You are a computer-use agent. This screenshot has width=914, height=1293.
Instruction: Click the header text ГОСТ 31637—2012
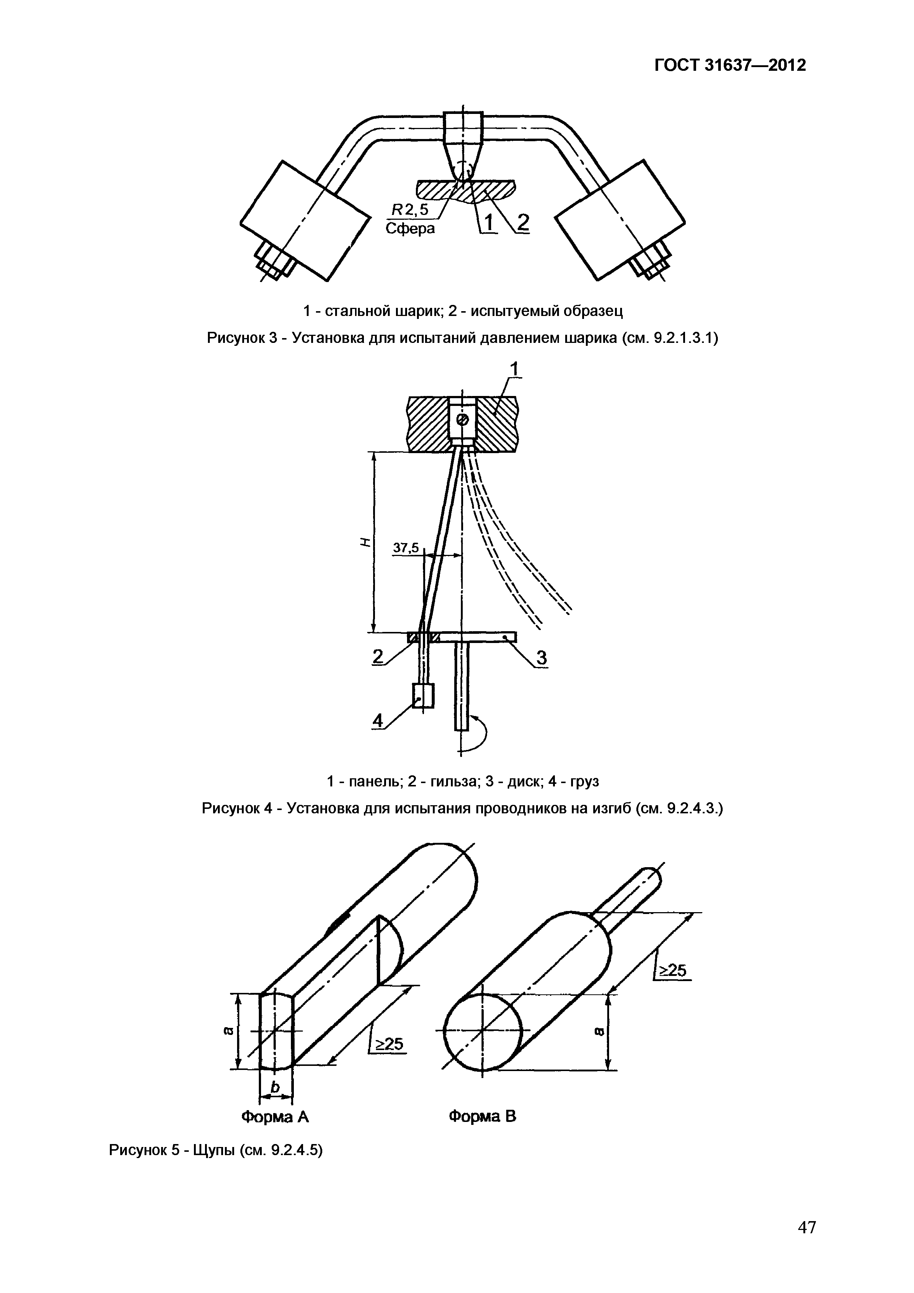point(730,65)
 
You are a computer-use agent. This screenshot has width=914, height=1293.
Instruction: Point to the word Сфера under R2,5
point(410,229)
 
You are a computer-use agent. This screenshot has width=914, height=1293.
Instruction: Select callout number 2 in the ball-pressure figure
point(522,223)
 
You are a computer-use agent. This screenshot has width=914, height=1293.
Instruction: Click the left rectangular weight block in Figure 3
point(304,221)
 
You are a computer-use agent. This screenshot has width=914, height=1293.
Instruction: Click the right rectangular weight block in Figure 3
point(620,221)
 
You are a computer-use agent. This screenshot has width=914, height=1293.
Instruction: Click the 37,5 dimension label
point(406,548)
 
